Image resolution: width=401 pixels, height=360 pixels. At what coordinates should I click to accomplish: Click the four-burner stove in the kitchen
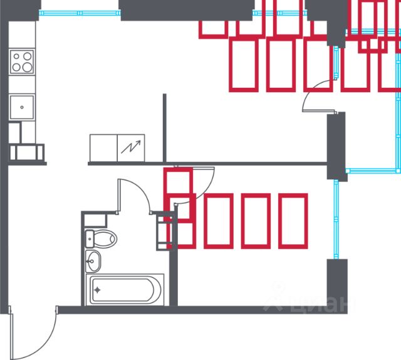coord(22,62)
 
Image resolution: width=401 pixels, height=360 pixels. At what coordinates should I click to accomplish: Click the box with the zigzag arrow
coord(132,148)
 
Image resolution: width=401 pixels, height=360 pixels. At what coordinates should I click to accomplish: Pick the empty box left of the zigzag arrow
coord(103,148)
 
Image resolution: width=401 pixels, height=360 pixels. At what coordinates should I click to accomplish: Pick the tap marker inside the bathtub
coord(98,290)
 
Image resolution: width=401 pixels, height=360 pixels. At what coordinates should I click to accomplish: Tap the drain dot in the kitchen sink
coord(22,107)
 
